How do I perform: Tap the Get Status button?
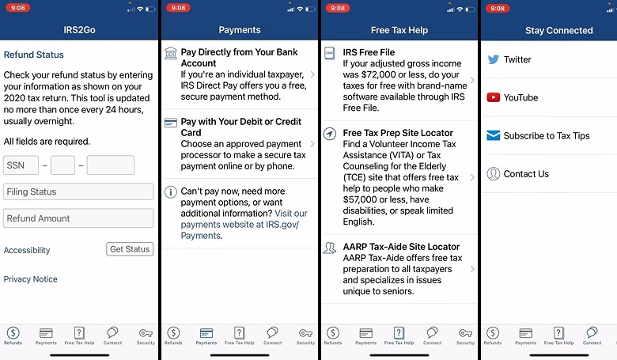[130, 249]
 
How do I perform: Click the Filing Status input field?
[78, 191]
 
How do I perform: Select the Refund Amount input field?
[78, 218]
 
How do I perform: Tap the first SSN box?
[21, 165]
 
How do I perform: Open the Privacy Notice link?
[31, 279]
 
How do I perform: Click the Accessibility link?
[27, 250]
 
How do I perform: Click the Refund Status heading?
[34, 55]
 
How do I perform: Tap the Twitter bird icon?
[494, 59]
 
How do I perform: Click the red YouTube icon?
[494, 97]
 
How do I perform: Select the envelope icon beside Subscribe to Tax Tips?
[494, 135]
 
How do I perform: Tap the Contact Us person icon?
[494, 173]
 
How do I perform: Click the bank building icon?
[171, 53]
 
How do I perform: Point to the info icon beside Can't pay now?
[171, 192]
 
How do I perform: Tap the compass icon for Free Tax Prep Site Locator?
[330, 134]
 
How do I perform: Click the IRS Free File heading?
[369, 52]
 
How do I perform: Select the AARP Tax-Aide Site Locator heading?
[401, 247]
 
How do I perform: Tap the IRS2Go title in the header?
[79, 30]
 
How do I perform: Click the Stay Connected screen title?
[559, 30]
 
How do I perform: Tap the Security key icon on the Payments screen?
[306, 333]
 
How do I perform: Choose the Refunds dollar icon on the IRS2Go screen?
[13, 333]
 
